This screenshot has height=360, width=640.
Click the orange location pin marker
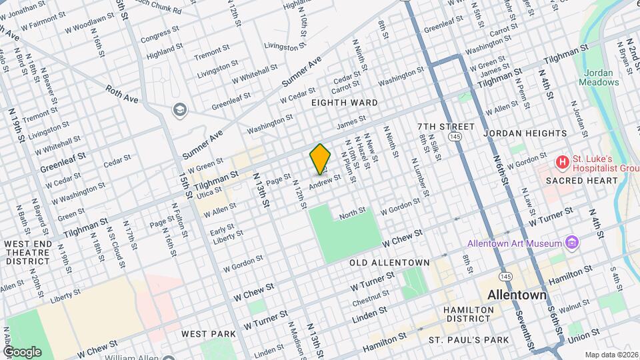coord(320,159)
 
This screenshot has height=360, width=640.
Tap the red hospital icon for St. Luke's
coord(563,161)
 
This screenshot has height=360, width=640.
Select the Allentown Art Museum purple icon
coord(571,243)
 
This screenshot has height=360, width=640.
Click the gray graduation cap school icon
coord(179,109)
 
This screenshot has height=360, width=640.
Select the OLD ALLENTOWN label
coord(389,263)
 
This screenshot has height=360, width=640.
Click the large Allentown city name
coord(517,294)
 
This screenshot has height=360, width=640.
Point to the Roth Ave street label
coord(121,93)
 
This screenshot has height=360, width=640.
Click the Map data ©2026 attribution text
coord(611,355)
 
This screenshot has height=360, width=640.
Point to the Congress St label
coord(156,33)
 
